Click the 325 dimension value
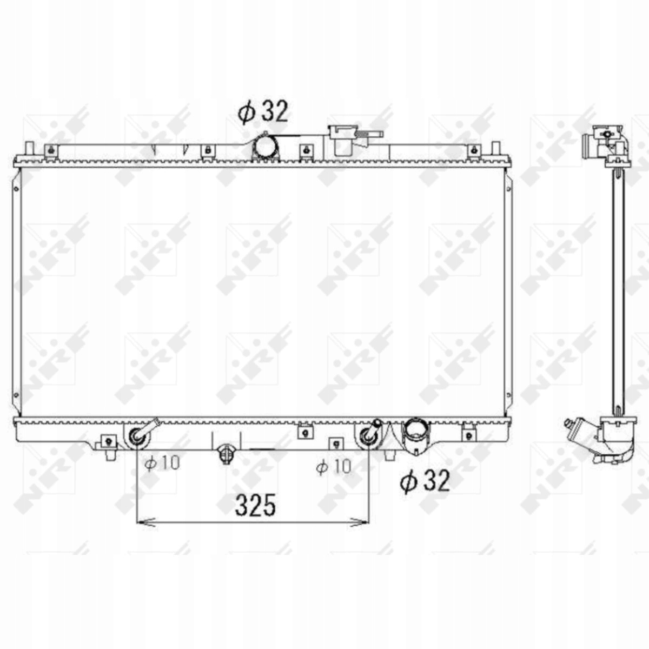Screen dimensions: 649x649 tap(256, 505)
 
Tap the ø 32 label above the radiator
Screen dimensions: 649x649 tap(263, 111)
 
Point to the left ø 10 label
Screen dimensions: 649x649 tap(162, 463)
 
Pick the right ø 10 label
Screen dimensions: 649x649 tap(334, 466)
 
